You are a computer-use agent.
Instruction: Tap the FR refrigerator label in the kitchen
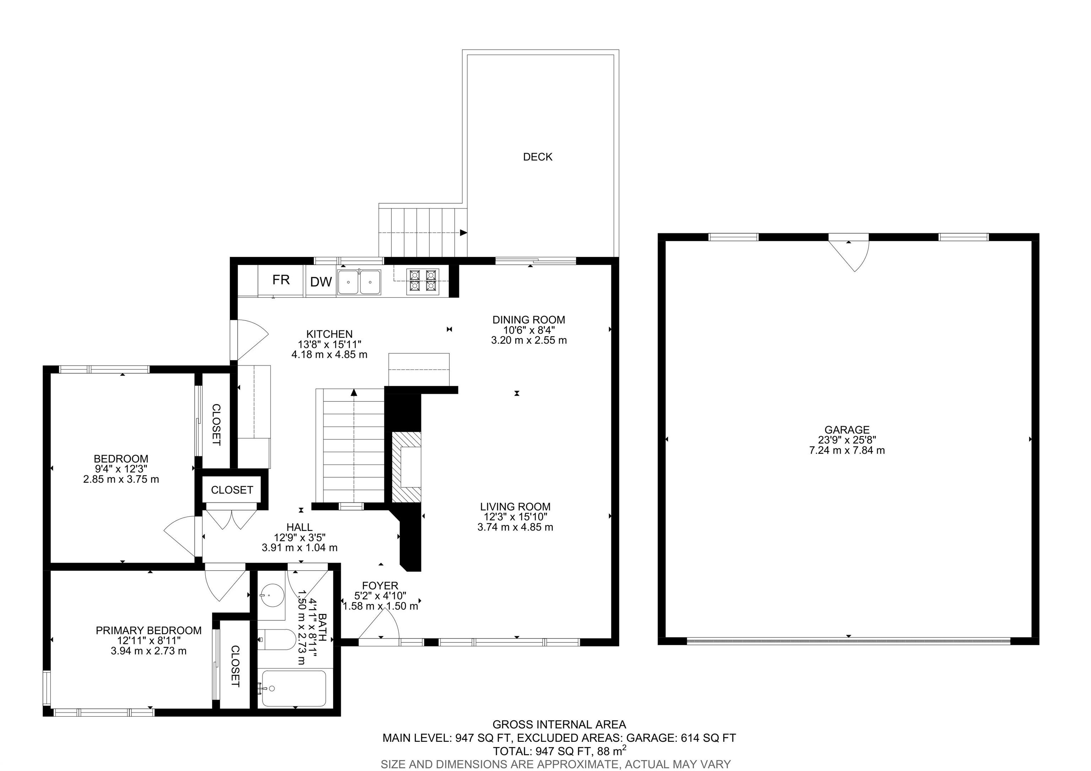pyautogui.click(x=281, y=280)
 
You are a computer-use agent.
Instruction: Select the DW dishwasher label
pyautogui.click(x=321, y=282)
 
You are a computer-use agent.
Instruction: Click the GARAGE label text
pyautogui.click(x=847, y=430)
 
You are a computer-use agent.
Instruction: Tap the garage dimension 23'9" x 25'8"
pyautogui.click(x=847, y=440)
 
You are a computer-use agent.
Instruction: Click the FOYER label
pyautogui.click(x=380, y=586)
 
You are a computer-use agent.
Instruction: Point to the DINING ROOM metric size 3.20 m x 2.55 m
pyautogui.click(x=528, y=340)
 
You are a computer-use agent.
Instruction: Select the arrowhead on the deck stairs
pyautogui.click(x=463, y=233)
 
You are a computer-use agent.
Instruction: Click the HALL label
pyautogui.click(x=299, y=527)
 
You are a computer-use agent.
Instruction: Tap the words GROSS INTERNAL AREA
pyautogui.click(x=559, y=724)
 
